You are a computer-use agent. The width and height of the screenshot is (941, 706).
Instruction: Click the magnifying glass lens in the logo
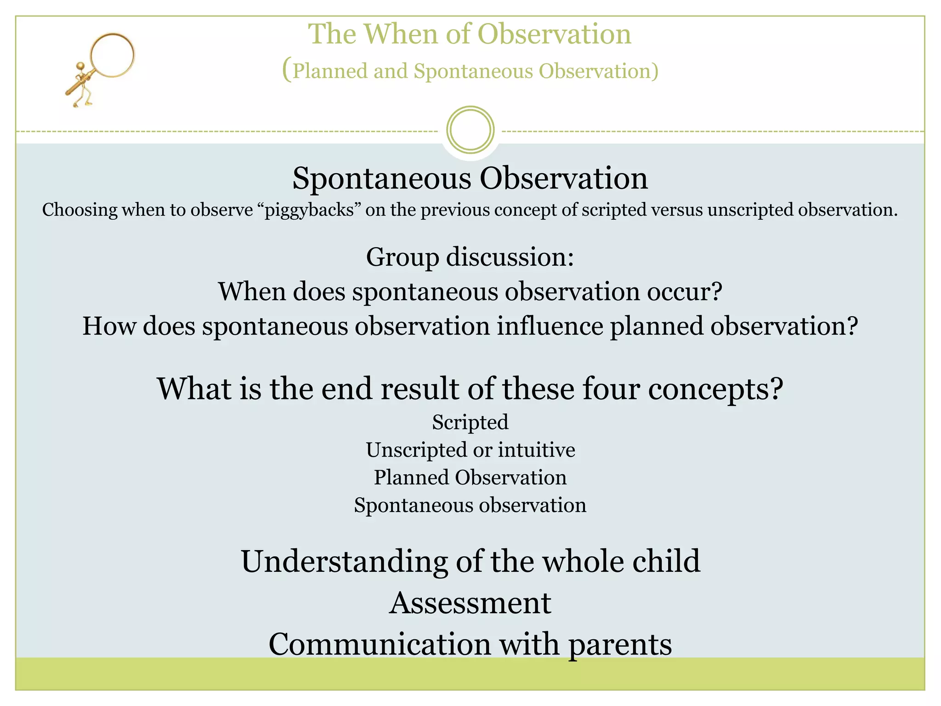pos(113,55)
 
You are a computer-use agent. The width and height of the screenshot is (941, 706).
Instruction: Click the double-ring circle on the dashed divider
pos(470,130)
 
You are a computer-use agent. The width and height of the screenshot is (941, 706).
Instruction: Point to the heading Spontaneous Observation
pos(470,178)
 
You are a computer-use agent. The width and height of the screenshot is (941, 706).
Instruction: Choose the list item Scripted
pos(470,422)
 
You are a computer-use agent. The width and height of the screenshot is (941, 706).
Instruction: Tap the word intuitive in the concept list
pos(536,450)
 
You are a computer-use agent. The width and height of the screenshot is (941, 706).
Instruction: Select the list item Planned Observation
pos(470,477)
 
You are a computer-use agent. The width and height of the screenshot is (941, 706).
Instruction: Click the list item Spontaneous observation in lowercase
pos(470,505)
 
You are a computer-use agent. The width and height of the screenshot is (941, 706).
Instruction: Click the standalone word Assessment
pos(470,603)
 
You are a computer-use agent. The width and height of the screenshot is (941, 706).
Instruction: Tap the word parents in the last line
pos(620,644)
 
